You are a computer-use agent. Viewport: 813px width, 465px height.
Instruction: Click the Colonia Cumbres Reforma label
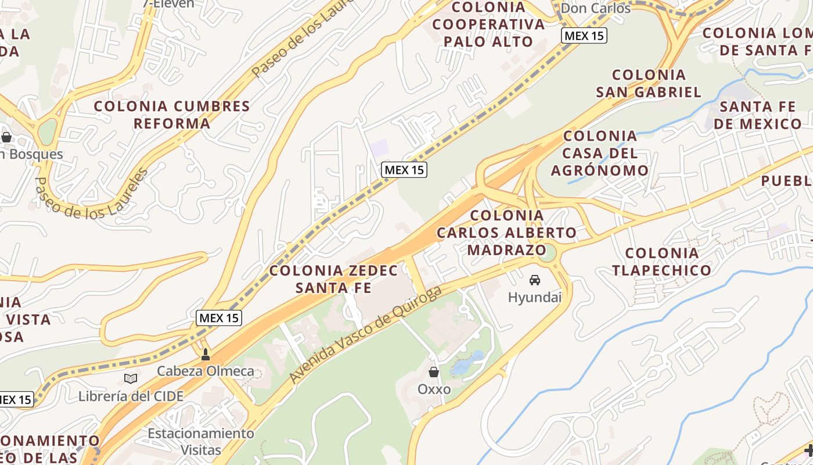172,115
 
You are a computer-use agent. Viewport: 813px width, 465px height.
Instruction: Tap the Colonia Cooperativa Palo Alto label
488,24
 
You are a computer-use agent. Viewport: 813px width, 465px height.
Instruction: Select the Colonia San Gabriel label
649,83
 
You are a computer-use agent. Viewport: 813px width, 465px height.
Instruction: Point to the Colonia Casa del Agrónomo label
600,153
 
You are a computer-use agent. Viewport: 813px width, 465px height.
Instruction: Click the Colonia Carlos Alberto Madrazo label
507,233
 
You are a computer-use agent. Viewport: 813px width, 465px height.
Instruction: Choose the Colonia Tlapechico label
661,262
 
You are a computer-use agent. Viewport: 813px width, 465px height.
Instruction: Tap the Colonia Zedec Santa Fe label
334,279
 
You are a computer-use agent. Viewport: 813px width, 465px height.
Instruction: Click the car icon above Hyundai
535,280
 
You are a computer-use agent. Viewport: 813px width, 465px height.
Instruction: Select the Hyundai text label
535,298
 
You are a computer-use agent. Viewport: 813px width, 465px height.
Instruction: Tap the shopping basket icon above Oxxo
434,372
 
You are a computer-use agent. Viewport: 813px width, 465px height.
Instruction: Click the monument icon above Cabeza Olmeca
205,354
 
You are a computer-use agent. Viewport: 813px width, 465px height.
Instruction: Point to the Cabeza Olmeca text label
206,371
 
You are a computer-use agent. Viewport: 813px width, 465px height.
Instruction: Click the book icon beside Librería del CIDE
131,379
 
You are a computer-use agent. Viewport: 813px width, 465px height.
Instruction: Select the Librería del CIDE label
131,396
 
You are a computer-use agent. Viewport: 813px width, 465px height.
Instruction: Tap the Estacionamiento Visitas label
200,442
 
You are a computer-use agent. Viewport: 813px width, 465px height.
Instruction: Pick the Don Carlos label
595,8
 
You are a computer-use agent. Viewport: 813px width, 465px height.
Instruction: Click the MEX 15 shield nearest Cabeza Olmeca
219,318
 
